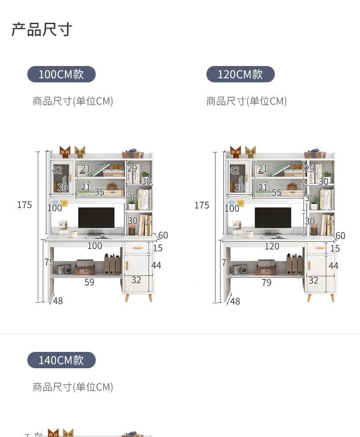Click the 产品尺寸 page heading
(x=42, y=30)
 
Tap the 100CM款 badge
(x=62, y=74)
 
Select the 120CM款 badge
(x=240, y=74)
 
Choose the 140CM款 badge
(x=62, y=360)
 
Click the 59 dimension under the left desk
(x=89, y=282)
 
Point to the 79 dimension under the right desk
(x=267, y=283)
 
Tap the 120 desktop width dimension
(x=272, y=246)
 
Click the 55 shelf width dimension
(x=277, y=193)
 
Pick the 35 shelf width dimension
(x=99, y=192)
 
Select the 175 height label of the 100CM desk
(x=25, y=205)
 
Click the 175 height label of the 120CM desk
(x=201, y=205)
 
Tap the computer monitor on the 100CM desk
(x=96, y=219)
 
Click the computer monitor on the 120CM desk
(x=273, y=219)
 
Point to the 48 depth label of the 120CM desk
(x=235, y=301)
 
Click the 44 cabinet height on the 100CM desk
(x=156, y=265)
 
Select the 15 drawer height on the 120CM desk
(x=335, y=249)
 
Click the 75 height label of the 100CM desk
(x=49, y=262)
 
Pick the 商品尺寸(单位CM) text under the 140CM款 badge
(x=73, y=387)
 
